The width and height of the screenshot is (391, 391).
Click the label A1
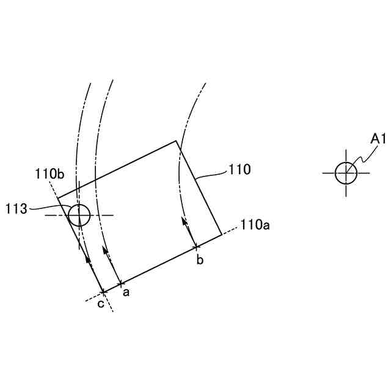pyautogui.click(x=379, y=139)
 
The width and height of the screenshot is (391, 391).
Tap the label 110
pyautogui.click(x=239, y=170)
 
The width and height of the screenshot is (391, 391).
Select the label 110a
pyautogui.click(x=255, y=225)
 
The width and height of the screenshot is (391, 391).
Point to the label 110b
pyautogui.click(x=49, y=174)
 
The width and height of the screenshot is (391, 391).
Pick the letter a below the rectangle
pyautogui.click(x=126, y=293)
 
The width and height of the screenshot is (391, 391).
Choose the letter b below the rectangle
pyautogui.click(x=199, y=261)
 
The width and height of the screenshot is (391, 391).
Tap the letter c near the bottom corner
pyautogui.click(x=100, y=305)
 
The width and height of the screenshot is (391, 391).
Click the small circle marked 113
pyautogui.click(x=79, y=215)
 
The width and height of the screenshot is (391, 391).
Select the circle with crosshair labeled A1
pyautogui.click(x=346, y=172)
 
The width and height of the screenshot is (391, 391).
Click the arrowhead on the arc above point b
pyautogui.click(x=184, y=221)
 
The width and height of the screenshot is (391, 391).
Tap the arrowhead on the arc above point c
pyautogui.click(x=88, y=258)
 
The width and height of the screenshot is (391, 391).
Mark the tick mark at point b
pyautogui.click(x=195, y=247)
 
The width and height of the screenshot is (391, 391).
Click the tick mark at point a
pyautogui.click(x=121, y=283)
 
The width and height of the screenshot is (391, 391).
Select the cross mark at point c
pyautogui.click(x=103, y=292)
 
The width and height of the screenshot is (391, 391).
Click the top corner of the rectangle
pyautogui.click(x=176, y=141)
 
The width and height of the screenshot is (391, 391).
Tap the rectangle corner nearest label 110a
pyautogui.click(x=221, y=233)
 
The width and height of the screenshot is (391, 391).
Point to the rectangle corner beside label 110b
pyautogui.click(x=58, y=198)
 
